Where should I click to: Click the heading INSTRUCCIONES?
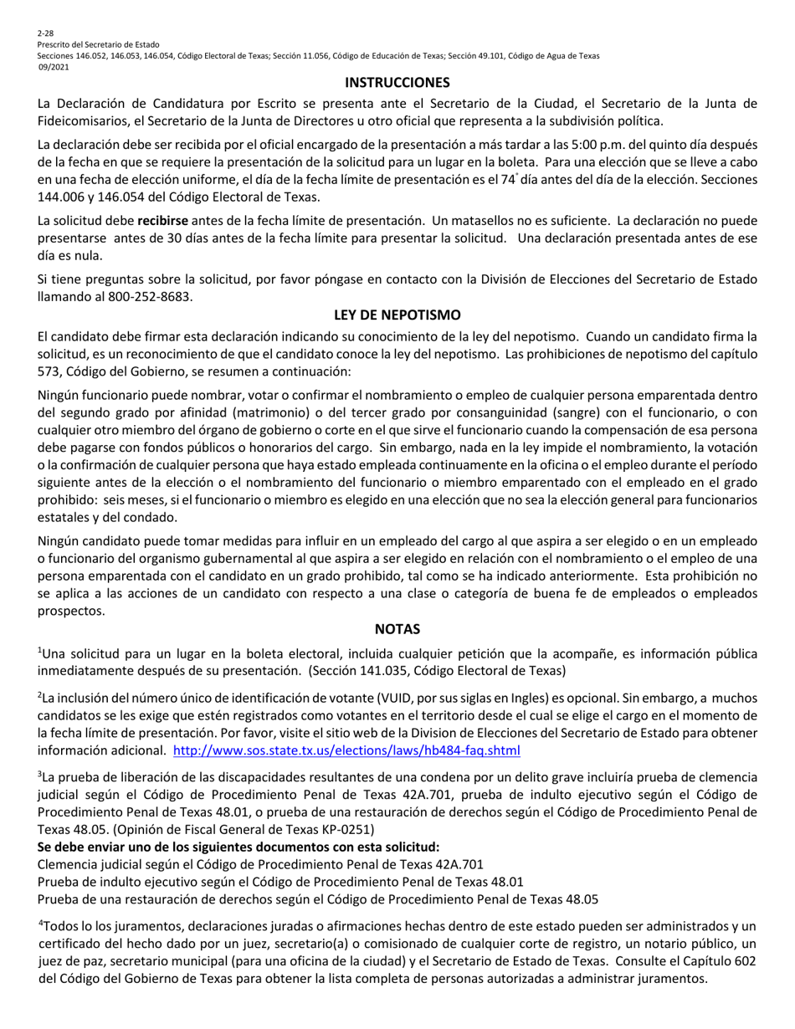pos(397,82)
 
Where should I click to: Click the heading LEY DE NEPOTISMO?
pos(397,315)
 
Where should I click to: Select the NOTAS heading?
pos(397,628)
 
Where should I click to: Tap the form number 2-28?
pos(45,32)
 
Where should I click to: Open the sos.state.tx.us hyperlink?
pos(346,750)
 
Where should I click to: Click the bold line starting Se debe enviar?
pos(238,847)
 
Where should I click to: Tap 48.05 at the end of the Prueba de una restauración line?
pos(582,899)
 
